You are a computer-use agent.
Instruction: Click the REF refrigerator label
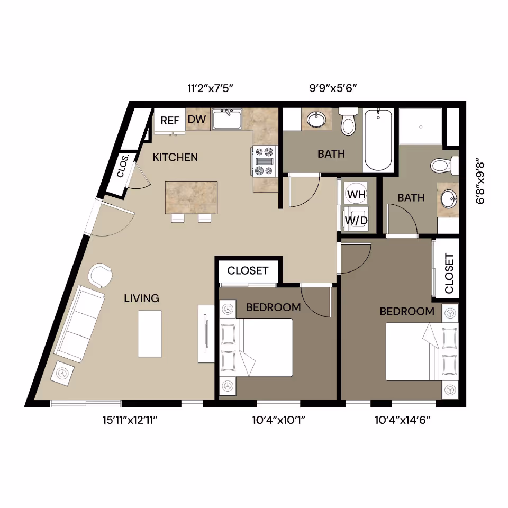tap(170, 120)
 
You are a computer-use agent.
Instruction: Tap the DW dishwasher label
tap(196, 120)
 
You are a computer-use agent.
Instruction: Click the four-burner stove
tap(265, 160)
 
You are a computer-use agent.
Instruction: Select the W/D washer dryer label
tap(357, 220)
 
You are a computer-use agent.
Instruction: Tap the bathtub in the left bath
tap(378, 139)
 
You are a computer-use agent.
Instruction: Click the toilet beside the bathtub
tap(348, 123)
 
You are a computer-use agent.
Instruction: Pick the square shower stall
tap(420, 126)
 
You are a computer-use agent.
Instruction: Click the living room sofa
tap(79, 323)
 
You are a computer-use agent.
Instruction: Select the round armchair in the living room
tap(101, 275)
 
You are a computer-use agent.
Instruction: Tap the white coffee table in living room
tap(150, 333)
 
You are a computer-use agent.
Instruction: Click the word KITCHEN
tap(175, 157)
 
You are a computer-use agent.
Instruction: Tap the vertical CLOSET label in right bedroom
tap(449, 273)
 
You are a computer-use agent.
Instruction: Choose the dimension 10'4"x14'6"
tap(403, 421)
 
